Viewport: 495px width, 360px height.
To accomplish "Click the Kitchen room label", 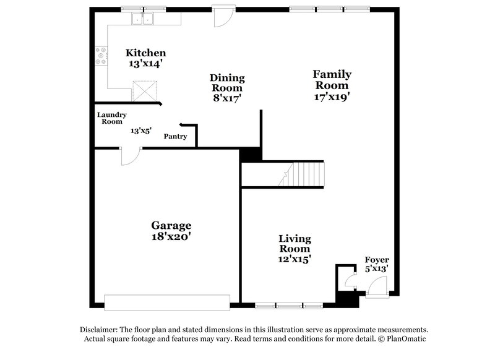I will pos(145,53).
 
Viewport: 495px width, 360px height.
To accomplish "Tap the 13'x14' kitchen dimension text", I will pos(145,64).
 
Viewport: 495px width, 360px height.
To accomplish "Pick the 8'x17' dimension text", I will pos(226,98).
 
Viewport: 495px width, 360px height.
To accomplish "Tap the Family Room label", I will pos(332,80).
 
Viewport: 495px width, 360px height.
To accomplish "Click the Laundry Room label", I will pos(112,118).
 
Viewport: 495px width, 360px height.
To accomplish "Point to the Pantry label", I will pos(175,137).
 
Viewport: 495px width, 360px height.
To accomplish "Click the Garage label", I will pos(171,225).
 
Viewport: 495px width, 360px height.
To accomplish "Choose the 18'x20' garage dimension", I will pos(171,236).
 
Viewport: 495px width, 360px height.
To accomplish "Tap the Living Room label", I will pos(295,244).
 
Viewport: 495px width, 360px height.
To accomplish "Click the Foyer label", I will pos(377,259).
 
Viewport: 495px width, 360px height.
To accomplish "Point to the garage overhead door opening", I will pos(167,302).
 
